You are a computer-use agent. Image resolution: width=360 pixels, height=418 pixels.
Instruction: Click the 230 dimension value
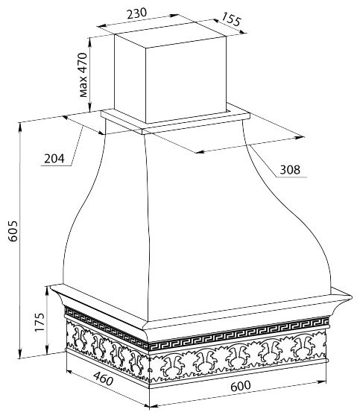pyautogui.click(x=136, y=13)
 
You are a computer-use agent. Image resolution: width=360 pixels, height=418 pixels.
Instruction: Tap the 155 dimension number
pyautogui.click(x=231, y=19)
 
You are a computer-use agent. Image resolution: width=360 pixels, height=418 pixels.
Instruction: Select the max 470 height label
pyautogui.click(x=83, y=75)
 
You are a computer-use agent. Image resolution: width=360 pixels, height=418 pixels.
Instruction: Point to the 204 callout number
pyautogui.click(x=54, y=159)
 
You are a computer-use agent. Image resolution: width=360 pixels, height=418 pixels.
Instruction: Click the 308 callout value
pyautogui.click(x=290, y=170)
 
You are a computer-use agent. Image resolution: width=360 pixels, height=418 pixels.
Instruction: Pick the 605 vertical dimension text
pyautogui.click(x=13, y=231)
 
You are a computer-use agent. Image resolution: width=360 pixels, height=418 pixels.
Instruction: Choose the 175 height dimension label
pyautogui.click(x=40, y=322)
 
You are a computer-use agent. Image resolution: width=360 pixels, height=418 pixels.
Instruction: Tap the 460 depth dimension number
pyautogui.click(x=103, y=379)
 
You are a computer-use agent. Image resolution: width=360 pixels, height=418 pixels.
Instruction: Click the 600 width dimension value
pyautogui.click(x=241, y=386)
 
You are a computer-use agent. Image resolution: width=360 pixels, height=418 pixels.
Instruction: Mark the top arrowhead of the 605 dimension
pyautogui.click(x=20, y=126)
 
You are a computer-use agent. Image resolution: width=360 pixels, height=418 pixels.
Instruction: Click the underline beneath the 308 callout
pyautogui.click(x=291, y=177)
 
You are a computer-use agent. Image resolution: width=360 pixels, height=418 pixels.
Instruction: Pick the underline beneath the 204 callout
pyautogui.click(x=56, y=165)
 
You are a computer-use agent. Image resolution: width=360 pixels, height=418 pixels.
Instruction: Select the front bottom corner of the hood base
pyautogui.click(x=149, y=387)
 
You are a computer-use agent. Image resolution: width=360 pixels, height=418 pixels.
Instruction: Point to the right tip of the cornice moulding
pyautogui.click(x=352, y=297)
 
